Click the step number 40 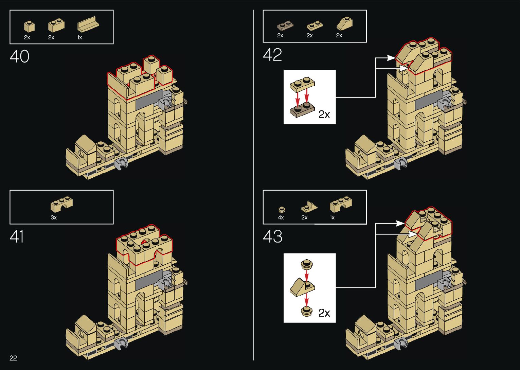pos(19,56)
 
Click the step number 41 pos(17,236)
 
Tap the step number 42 pos(272,55)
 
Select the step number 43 pos(272,236)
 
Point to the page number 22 pos(13,358)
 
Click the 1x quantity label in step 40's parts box pos(79,38)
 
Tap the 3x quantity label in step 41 pos(54,217)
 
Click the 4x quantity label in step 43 pos(281,217)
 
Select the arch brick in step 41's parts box pos(61,204)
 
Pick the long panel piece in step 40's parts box pos(88,25)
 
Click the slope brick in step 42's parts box pos(344,24)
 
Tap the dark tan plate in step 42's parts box pos(285,26)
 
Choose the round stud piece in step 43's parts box pos(281,209)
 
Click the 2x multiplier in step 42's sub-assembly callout pos(324,114)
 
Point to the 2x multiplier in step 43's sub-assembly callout pos(324,313)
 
